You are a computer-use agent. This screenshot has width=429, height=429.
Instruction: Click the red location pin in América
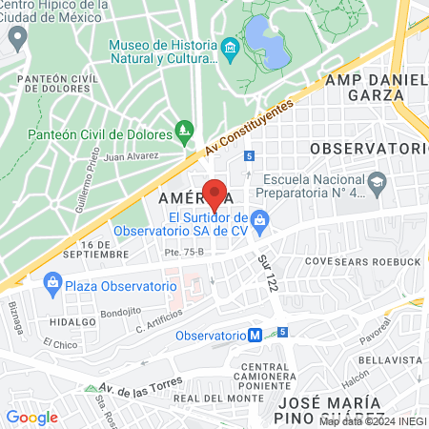(x=214, y=194)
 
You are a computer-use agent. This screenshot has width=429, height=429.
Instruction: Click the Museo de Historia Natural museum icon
(x=229, y=48)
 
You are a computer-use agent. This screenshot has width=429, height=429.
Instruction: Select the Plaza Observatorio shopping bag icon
(x=52, y=283)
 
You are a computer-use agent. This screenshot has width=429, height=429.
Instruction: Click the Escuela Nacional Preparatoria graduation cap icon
(x=378, y=181)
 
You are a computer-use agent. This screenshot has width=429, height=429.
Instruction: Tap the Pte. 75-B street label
(x=158, y=253)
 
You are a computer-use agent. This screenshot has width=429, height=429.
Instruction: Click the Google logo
(x=31, y=417)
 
